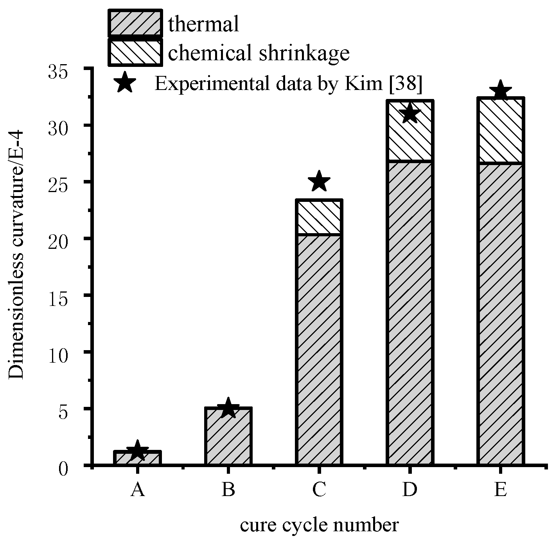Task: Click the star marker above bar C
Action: click(x=319, y=182)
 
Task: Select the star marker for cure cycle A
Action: click(x=137, y=450)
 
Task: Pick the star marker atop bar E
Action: click(x=500, y=92)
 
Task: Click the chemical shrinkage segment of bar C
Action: click(x=319, y=218)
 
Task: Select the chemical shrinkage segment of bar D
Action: click(x=410, y=131)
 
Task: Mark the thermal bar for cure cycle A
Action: click(x=137, y=458)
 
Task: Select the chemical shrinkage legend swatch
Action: click(x=135, y=52)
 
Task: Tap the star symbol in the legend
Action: click(x=125, y=83)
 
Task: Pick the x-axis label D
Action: click(x=410, y=489)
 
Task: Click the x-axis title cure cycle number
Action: click(x=319, y=525)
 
